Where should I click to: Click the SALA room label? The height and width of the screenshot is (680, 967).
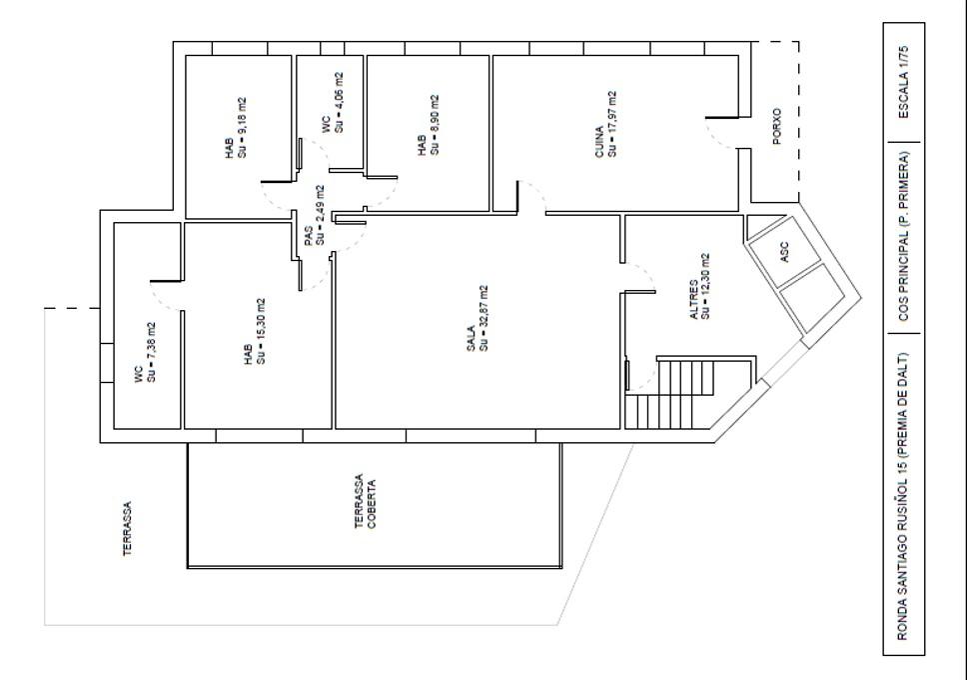pyautogui.click(x=472, y=338)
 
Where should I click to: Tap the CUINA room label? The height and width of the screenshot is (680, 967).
pyautogui.click(x=599, y=142)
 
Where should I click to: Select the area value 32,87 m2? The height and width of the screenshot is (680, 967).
pyautogui.click(x=483, y=318)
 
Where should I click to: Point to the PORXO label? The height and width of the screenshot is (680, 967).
pyautogui.click(x=776, y=127)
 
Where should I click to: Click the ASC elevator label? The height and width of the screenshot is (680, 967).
pyautogui.click(x=784, y=251)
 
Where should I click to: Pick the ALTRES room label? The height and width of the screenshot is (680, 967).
pyautogui.click(x=694, y=300)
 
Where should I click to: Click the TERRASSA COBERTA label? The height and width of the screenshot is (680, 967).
pyautogui.click(x=365, y=502)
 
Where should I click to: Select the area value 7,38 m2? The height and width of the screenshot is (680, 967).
pyautogui.click(x=151, y=351)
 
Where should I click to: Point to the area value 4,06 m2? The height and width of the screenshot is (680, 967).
pyautogui.click(x=338, y=103)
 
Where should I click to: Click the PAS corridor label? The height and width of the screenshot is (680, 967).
pyautogui.click(x=309, y=235)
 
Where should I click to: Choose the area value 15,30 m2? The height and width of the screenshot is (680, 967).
pyautogui.click(x=261, y=331)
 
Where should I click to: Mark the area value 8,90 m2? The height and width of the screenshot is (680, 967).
pyautogui.click(x=435, y=125)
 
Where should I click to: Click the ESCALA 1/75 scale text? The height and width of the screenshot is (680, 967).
pyautogui.click(x=903, y=82)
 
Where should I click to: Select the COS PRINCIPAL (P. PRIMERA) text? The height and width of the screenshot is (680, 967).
pyautogui.click(x=903, y=237)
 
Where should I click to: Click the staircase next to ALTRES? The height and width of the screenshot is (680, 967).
pyautogui.click(x=687, y=394)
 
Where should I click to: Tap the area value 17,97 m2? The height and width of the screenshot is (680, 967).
pyautogui.click(x=611, y=124)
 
